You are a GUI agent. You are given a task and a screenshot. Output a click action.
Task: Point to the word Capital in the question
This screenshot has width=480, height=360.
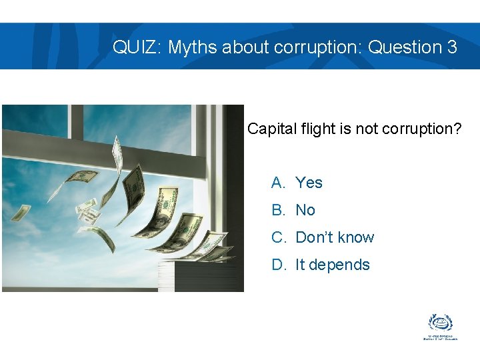click(x=270, y=129)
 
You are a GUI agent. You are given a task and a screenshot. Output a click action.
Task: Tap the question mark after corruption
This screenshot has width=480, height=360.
click(x=457, y=129)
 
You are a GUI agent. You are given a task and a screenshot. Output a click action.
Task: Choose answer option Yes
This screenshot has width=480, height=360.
click(x=309, y=183)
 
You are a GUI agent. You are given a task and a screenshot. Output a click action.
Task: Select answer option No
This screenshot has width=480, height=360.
click(x=305, y=210)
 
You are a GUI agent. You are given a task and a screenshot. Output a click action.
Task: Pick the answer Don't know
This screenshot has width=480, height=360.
click(x=335, y=237)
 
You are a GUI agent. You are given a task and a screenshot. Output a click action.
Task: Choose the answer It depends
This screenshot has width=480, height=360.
click(x=332, y=265)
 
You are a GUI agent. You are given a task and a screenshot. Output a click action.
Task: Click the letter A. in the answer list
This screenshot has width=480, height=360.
click(x=278, y=183)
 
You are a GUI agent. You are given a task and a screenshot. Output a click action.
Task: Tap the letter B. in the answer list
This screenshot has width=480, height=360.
click(x=278, y=210)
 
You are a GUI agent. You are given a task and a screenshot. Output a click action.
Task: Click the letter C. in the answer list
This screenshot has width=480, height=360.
click(x=279, y=237)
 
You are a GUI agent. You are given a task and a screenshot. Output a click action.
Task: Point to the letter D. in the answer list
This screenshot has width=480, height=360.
click(x=279, y=265)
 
